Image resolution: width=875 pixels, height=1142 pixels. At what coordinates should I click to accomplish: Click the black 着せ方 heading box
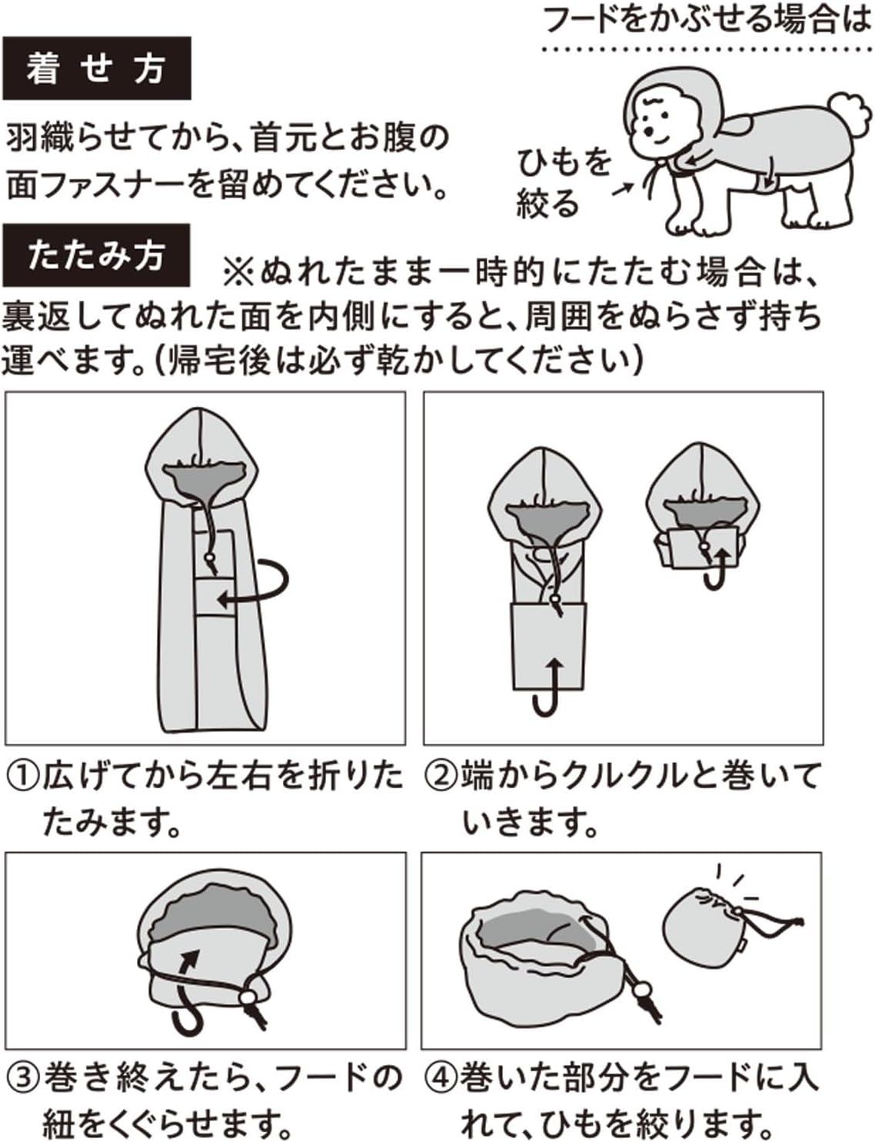96,68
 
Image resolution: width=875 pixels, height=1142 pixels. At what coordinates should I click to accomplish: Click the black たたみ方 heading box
96,255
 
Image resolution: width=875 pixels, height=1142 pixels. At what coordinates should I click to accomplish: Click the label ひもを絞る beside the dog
563,183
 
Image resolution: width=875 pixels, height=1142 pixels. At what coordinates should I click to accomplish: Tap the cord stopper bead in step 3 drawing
248,997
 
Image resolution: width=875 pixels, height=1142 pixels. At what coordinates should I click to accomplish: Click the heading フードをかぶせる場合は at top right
707,20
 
